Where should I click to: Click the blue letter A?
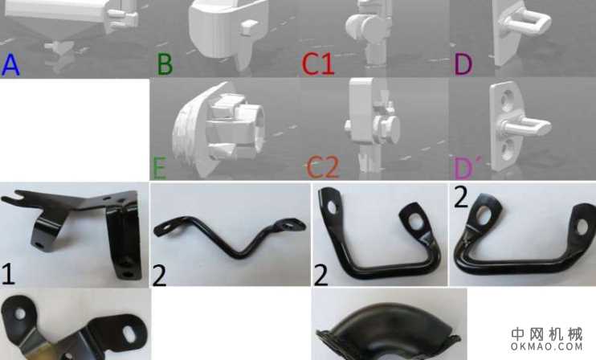pyautogui.click(x=10, y=64)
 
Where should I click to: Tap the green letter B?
pyautogui.click(x=165, y=64)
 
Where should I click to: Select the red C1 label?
pyautogui.click(x=318, y=63)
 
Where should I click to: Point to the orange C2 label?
pyautogui.click(x=322, y=168)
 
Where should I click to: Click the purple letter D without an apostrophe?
pyautogui.click(x=463, y=64)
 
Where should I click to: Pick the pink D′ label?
pyautogui.click(x=467, y=168)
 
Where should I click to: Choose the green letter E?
pyautogui.click(x=159, y=168)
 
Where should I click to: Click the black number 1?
pyautogui.click(x=8, y=273)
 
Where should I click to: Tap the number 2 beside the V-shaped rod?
pyautogui.click(x=159, y=276)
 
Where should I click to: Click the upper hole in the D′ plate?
pyautogui.click(x=506, y=100)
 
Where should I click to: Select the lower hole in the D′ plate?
pyautogui.click(x=506, y=149)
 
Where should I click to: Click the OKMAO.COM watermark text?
pyautogui.click(x=546, y=346)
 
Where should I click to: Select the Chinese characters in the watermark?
pyautogui.click(x=546, y=333)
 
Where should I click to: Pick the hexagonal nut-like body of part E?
pyautogui.click(x=235, y=126)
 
